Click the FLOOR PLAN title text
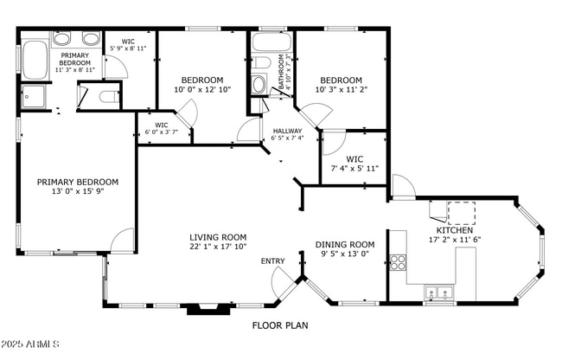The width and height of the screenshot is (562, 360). pos(280,326)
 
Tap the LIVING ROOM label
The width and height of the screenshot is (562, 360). pos(218,237)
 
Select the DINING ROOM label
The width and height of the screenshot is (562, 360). pos(344,245)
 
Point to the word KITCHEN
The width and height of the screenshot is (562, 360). pos(454,230)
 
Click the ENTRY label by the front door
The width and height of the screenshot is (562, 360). pos(272,261)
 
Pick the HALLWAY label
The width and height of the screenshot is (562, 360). pos(287,131)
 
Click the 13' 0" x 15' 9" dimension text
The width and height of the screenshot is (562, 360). pos(77,192)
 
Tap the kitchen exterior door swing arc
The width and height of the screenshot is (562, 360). pos(402,186)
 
